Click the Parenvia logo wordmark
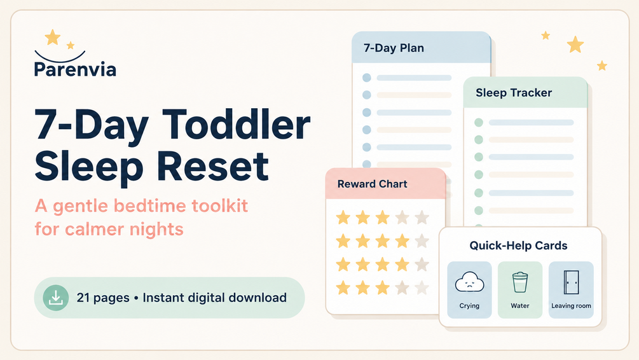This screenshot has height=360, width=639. [x=76, y=69]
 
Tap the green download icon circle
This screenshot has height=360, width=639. [x=56, y=298]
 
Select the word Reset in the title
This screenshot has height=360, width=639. [x=212, y=167]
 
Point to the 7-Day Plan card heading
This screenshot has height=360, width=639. [x=394, y=48]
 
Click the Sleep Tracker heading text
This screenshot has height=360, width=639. [x=514, y=93]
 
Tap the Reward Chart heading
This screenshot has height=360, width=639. [x=373, y=184]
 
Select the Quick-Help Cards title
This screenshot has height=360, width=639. [x=518, y=246]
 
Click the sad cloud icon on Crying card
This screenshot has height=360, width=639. [x=469, y=282]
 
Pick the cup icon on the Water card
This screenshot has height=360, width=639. [x=520, y=282]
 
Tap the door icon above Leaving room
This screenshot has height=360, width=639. [x=571, y=282]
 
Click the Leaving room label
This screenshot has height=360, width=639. [x=571, y=306]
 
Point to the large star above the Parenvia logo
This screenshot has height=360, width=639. [x=53, y=37]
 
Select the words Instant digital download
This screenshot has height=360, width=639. [x=215, y=298]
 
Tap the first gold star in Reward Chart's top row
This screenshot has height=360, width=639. [x=343, y=218]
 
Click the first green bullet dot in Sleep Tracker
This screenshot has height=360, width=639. [x=479, y=122]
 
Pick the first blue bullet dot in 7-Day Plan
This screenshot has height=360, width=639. [x=367, y=78]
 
